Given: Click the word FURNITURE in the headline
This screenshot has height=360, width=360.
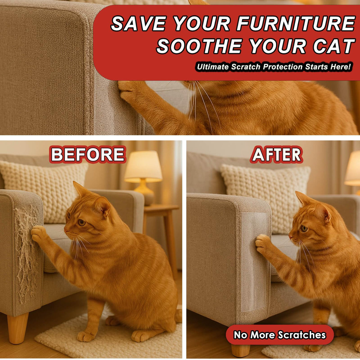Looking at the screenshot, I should tap(296, 23).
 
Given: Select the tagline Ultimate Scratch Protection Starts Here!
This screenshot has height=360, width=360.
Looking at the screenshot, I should tap(274, 67).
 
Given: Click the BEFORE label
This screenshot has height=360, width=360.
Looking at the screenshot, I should tap(88, 154).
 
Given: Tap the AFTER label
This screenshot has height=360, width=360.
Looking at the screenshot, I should tap(277, 154).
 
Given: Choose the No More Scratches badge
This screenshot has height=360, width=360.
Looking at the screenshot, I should tap(280, 335).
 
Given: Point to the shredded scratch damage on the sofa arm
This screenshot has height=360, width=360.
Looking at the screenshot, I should tap(26, 249).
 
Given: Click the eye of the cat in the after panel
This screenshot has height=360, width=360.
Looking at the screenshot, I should tap(304, 228).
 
